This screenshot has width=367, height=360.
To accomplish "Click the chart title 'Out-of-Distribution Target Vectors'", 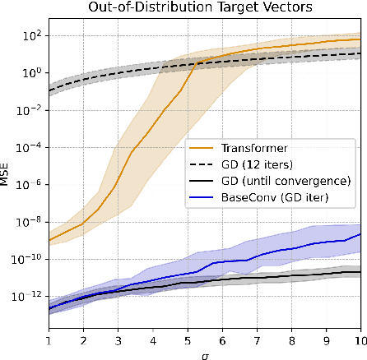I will click(205, 8).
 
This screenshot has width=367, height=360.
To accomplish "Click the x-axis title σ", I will click(205, 353).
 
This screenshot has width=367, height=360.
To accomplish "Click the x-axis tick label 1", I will click(49, 339).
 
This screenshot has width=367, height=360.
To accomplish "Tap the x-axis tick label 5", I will click(188, 339).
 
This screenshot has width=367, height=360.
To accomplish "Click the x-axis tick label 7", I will click(257, 339).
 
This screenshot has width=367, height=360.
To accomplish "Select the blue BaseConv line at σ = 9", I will click(326, 242).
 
